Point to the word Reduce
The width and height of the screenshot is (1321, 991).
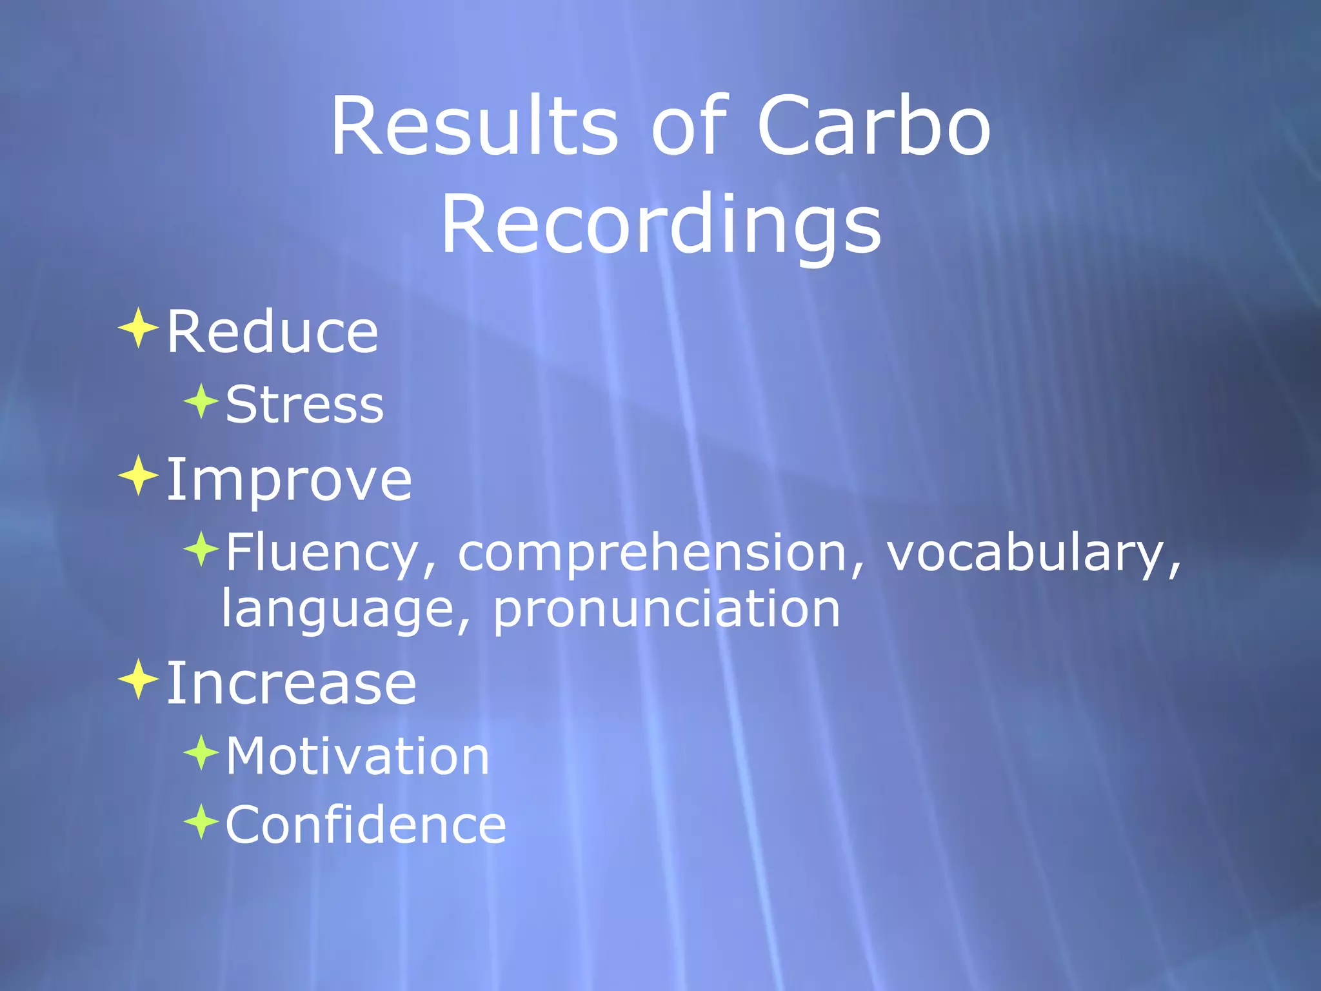272,332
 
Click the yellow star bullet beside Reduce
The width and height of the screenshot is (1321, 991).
138,328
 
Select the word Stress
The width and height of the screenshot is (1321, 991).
304,405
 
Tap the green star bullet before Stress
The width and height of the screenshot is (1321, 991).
201,401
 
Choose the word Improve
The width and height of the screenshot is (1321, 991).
289,480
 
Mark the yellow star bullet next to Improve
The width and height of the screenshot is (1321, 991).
138,475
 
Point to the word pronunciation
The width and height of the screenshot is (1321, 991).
667,610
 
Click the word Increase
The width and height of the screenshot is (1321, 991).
291,683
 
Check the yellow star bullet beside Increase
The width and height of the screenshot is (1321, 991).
138,679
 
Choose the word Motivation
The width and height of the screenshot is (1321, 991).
357,756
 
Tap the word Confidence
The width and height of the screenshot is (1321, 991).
366,825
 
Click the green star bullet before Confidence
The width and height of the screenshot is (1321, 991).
201,821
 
